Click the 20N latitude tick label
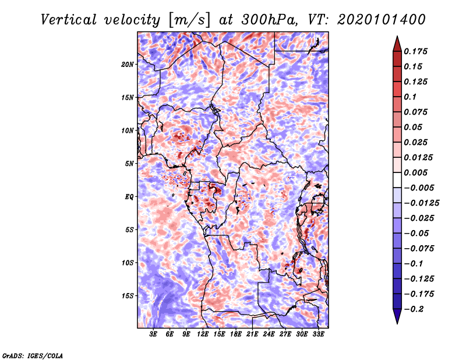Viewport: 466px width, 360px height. click(128, 64)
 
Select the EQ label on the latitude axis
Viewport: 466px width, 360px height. click(129, 197)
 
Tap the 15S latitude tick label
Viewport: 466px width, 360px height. click(128, 296)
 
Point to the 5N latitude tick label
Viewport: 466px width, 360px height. click(129, 164)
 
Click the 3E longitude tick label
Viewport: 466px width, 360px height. click(153, 335)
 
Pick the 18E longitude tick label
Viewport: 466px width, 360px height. click(236, 335)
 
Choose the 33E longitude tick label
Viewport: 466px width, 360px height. click(319, 335)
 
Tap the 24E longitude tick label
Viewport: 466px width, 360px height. click(269, 335)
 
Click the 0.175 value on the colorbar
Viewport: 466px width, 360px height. click(416, 52)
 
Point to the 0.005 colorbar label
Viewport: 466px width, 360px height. click(416, 173)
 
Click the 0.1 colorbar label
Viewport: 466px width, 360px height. click(410, 97)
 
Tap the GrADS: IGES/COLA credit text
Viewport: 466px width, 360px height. click(32, 355)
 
